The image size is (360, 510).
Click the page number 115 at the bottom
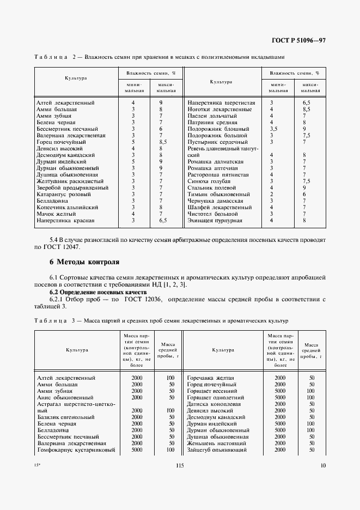pyautogui.click(x=180, y=465)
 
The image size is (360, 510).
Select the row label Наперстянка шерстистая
pyautogui.click(x=221, y=102)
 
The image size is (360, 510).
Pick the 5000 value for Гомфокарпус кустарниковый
pyautogui.click(x=137, y=450)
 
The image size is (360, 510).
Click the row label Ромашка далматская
pyautogui.click(x=216, y=162)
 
